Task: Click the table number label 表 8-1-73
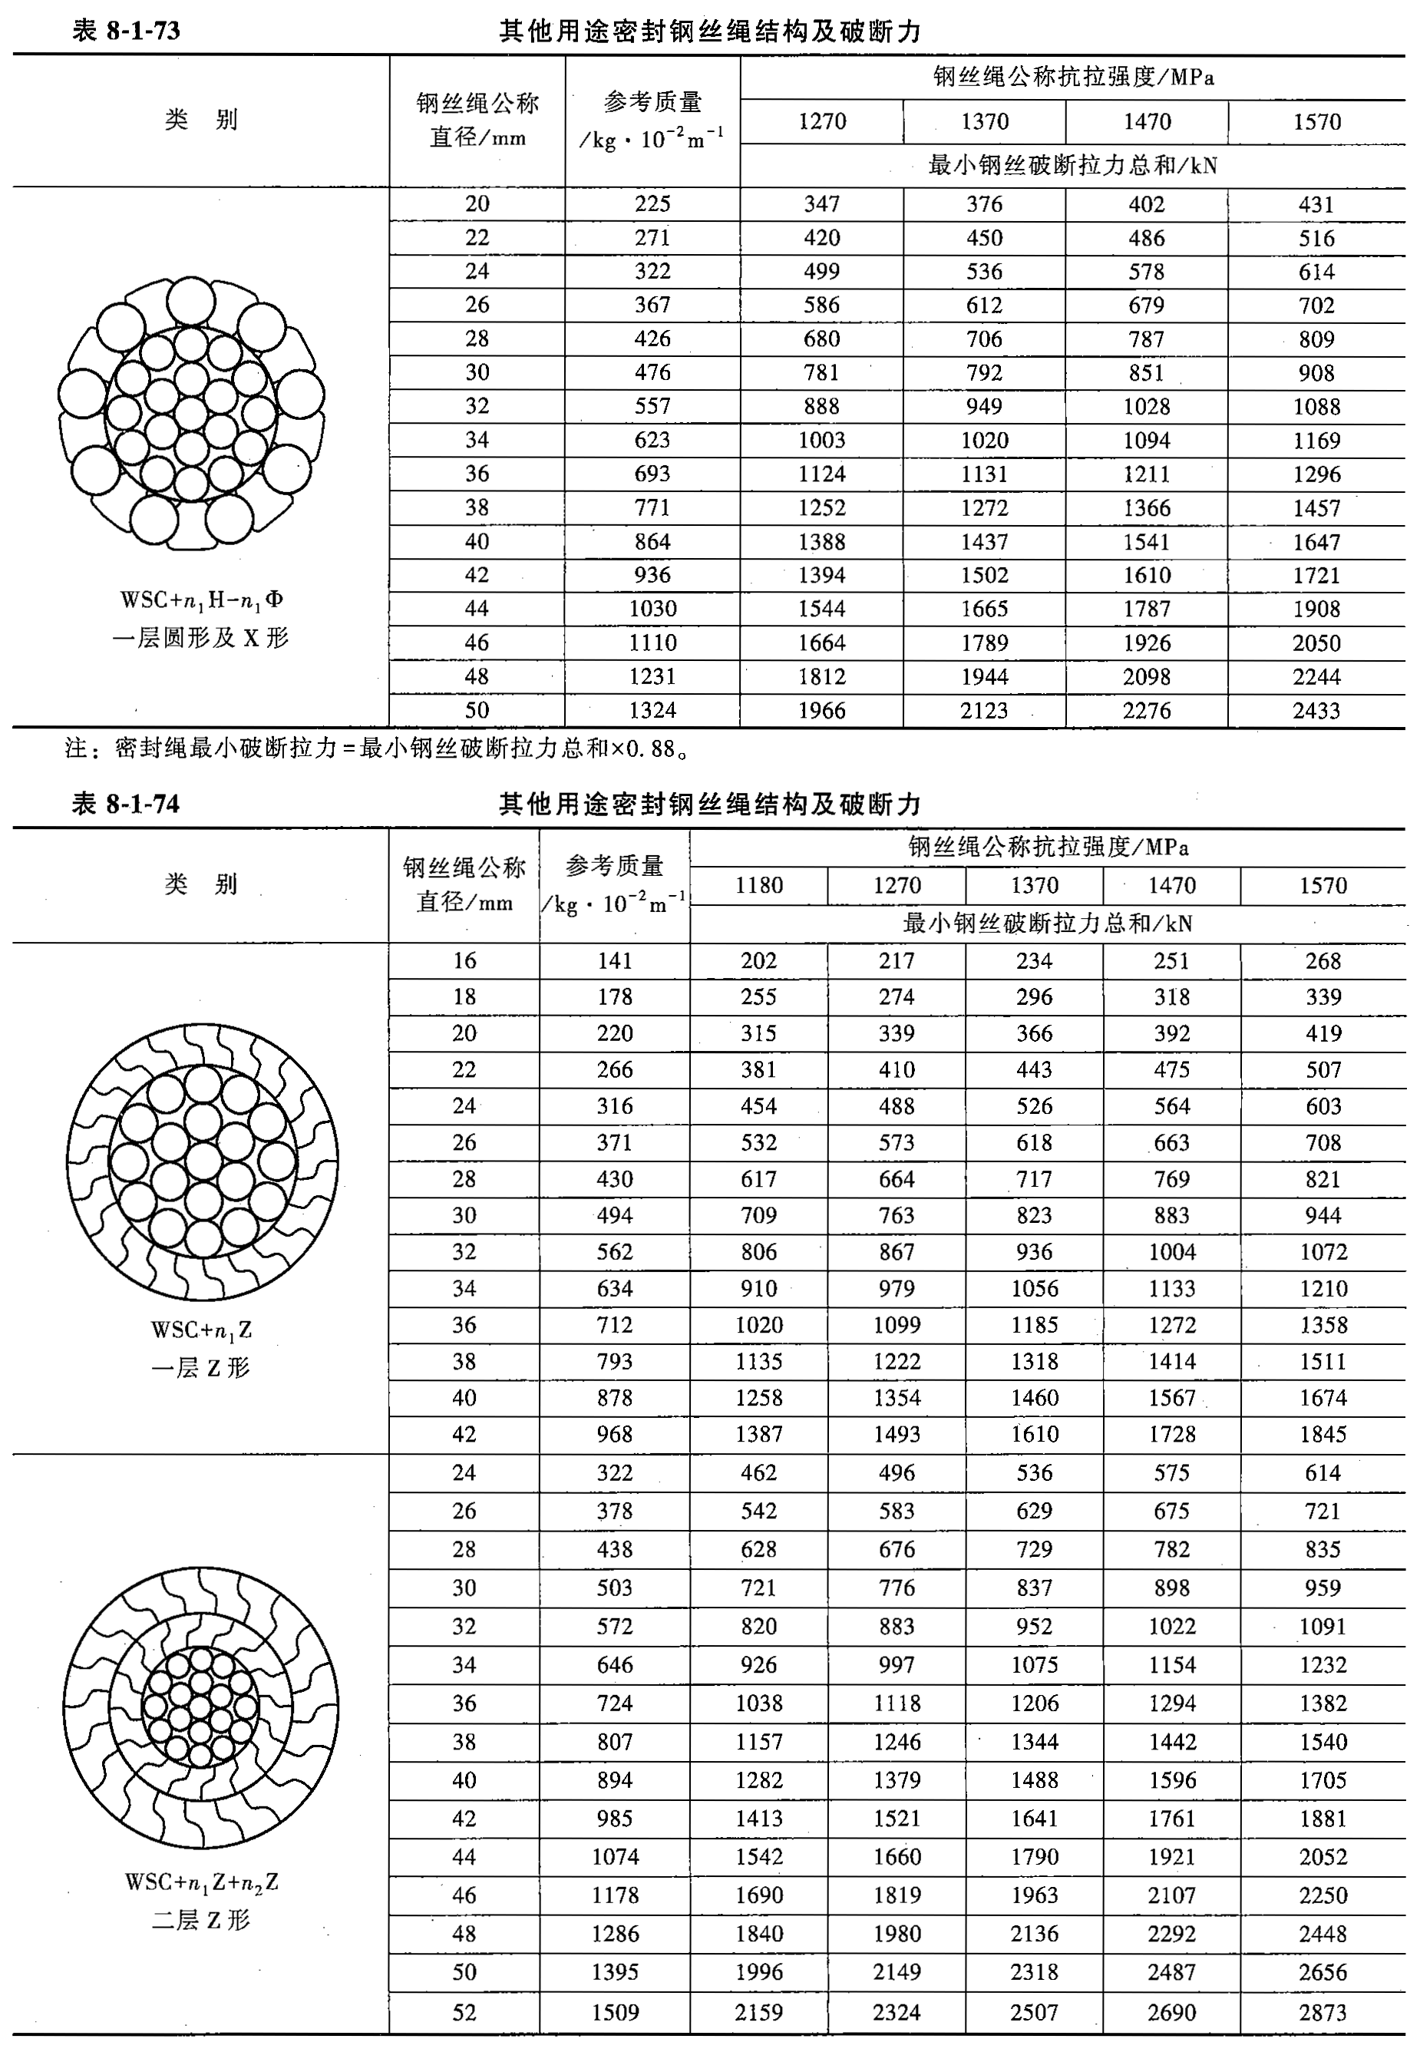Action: click(125, 31)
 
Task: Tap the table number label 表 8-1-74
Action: click(125, 805)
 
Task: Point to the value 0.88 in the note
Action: click(650, 749)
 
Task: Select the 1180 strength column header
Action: click(759, 885)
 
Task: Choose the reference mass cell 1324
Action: click(652, 710)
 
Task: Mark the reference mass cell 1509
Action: click(615, 2012)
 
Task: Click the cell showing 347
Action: click(821, 203)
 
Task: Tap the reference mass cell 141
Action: click(615, 961)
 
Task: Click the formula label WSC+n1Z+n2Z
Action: click(202, 1882)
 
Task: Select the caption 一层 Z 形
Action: click(201, 1368)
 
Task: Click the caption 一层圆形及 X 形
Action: click(201, 638)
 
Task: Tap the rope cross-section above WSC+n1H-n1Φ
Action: click(191, 415)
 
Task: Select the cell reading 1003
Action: click(821, 441)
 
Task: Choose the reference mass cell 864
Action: click(652, 542)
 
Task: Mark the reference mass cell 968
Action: click(615, 1435)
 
